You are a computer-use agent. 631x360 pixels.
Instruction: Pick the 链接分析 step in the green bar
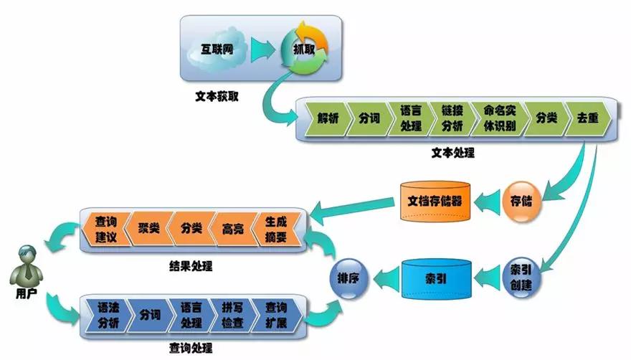click(x=452, y=119)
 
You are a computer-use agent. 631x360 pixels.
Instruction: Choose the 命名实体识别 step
click(x=499, y=119)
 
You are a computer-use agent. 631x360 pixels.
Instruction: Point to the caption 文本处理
click(x=452, y=153)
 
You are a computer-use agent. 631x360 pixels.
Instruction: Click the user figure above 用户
click(x=26, y=262)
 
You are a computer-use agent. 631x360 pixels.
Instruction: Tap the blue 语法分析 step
click(x=108, y=314)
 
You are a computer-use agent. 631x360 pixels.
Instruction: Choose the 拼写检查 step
click(x=232, y=314)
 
